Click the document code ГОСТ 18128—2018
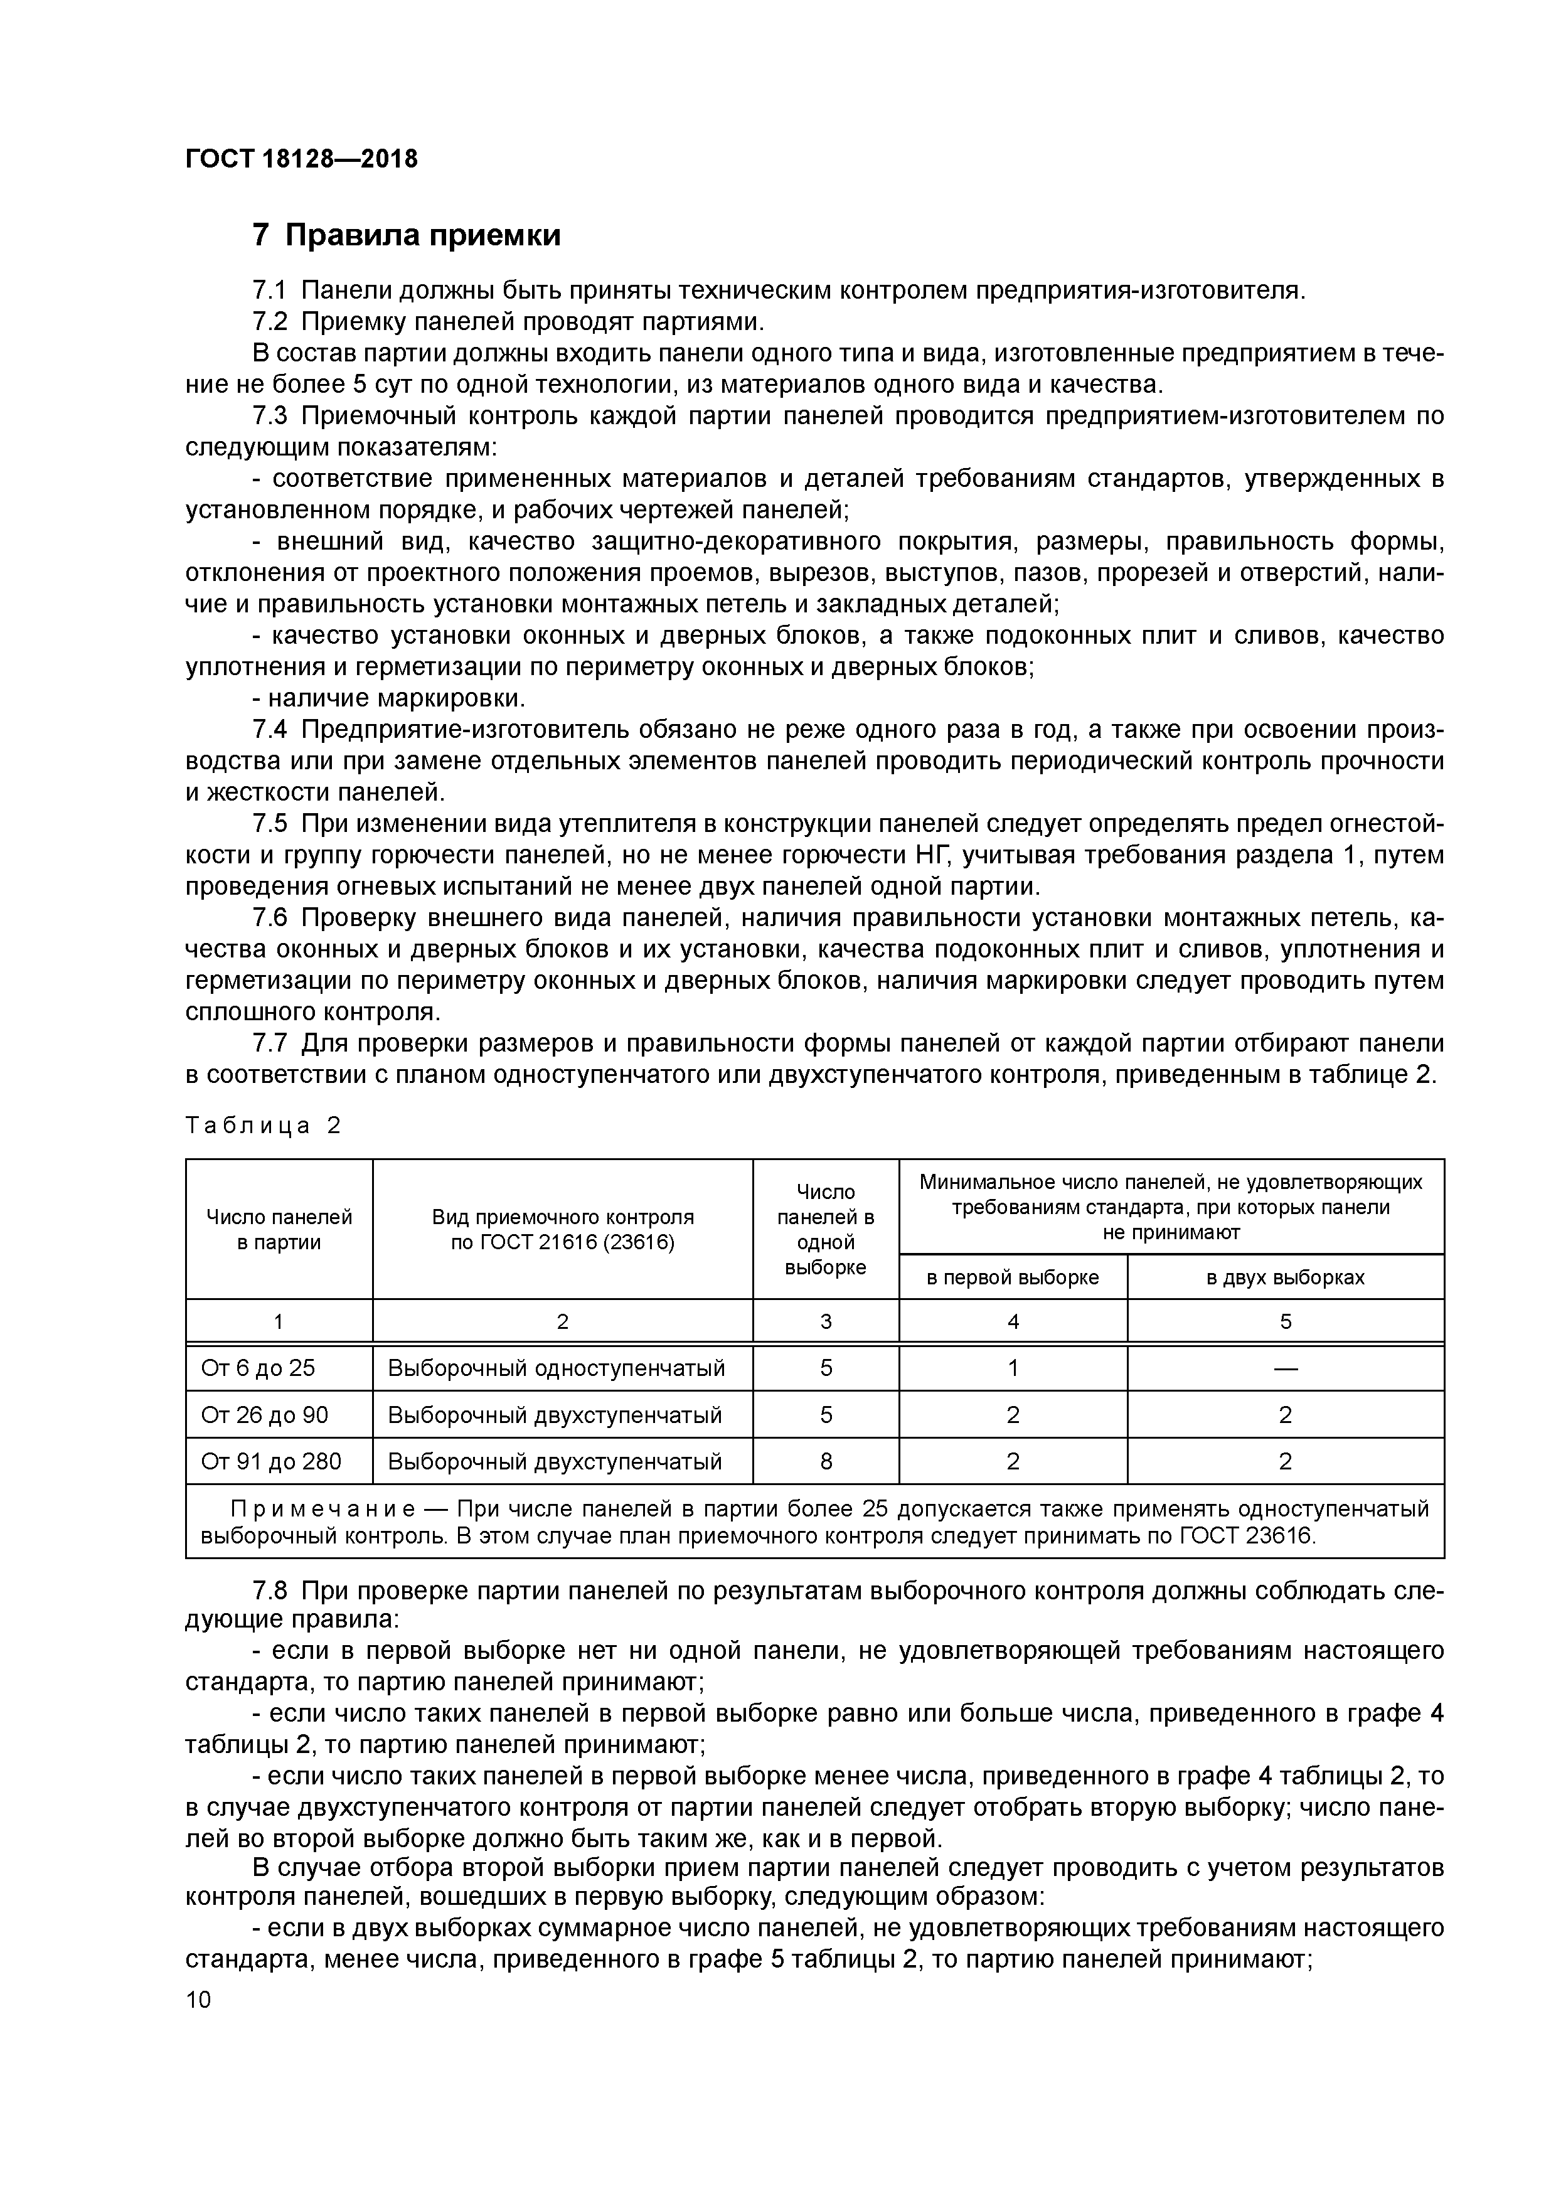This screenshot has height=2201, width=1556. pos(301,159)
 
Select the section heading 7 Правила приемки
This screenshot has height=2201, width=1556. pos(405,235)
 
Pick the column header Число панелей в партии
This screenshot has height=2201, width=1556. pos(279,1229)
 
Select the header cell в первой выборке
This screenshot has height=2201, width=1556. pos(1013,1277)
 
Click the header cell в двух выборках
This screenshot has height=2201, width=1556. pos(1285,1277)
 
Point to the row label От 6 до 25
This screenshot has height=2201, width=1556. pos(257,1368)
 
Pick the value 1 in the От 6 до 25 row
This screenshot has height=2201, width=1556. pos(1013,1368)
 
